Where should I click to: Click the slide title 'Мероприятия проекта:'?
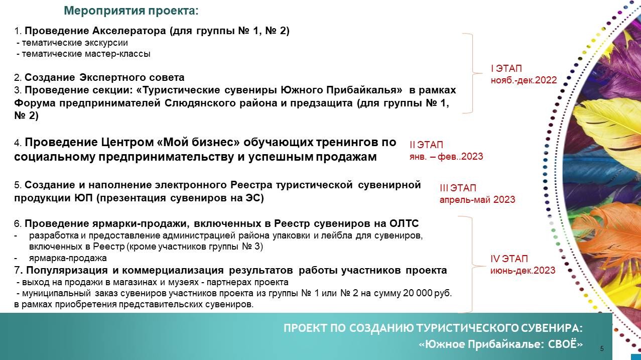tap(131, 11)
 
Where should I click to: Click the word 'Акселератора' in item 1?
tap(129, 31)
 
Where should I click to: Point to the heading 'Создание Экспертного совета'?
tap(104, 77)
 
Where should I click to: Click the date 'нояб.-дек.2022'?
tap(524, 80)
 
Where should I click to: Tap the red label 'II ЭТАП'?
tap(426, 145)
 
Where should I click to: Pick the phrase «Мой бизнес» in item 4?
tap(198, 142)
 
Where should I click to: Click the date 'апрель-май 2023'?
tap(477, 199)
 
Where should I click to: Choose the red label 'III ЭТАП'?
tap(458, 188)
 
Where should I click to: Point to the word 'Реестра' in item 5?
tap(251, 185)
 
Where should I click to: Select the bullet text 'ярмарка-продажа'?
tap(68, 258)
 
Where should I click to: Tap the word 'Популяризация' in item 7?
tap(67, 271)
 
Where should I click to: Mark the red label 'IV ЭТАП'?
tap(509, 259)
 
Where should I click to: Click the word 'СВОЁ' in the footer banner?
tap(565, 344)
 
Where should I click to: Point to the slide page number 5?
tap(602, 348)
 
